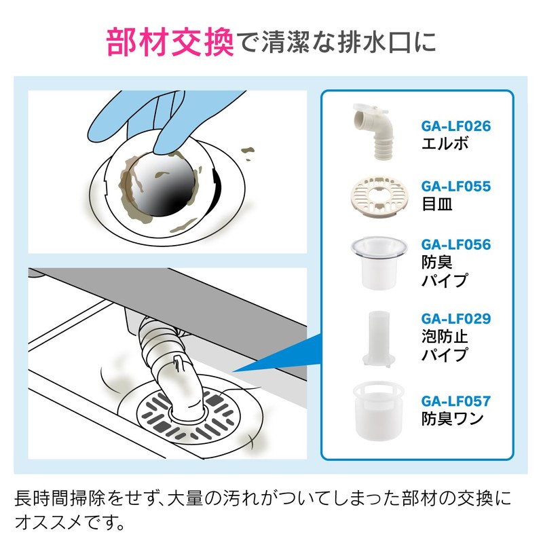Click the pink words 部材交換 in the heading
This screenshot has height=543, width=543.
[170, 42]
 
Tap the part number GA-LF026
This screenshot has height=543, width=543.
[455, 126]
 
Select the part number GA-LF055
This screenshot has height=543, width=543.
[455, 186]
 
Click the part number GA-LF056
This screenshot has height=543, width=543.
[455, 244]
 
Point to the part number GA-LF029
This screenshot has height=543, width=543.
[455, 318]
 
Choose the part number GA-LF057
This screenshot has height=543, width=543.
[455, 401]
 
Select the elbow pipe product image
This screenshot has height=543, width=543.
[375, 130]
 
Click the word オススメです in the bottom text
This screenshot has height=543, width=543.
[75, 523]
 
